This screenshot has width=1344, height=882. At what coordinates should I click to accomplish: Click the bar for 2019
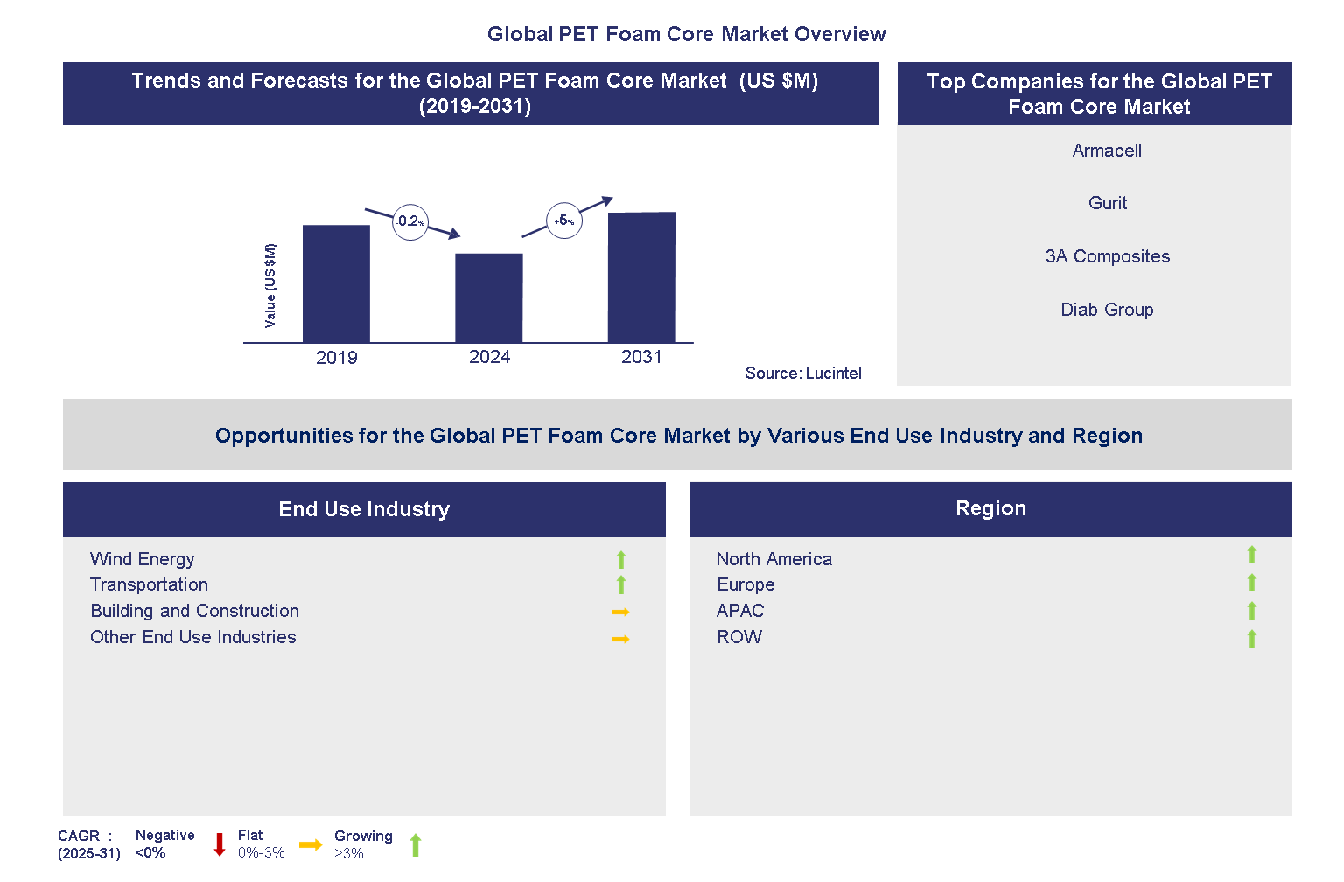[336, 283]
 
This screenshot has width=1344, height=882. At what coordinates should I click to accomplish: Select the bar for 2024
[488, 297]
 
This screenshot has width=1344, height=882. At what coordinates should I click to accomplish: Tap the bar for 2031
[641, 276]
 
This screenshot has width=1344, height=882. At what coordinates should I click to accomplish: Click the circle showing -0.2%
[409, 222]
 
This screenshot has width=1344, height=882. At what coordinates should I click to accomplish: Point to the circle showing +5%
[564, 220]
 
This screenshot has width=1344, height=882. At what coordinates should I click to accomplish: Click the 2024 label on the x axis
[489, 357]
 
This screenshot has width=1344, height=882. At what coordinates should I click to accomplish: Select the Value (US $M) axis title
[270, 286]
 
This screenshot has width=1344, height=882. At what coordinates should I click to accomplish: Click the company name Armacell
[1107, 150]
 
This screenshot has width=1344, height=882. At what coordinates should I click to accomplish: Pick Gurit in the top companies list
[1107, 203]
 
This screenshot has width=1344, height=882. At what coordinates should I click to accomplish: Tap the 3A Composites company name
[1107, 256]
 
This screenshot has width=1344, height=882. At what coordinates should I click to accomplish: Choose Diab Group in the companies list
[1107, 310]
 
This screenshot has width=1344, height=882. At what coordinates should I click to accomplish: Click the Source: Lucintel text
[802, 374]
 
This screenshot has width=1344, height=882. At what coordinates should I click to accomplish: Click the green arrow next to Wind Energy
[621, 559]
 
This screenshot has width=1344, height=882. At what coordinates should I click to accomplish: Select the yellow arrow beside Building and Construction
[621, 612]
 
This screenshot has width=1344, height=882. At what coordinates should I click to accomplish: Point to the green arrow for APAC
[1252, 611]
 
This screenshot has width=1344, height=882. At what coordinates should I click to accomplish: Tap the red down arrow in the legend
[220, 844]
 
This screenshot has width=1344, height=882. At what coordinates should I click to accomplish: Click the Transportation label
[149, 584]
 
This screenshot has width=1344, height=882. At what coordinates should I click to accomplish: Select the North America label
[773, 559]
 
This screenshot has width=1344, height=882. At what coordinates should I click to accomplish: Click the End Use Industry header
[364, 509]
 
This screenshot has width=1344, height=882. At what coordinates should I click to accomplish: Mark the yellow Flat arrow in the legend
[310, 844]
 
